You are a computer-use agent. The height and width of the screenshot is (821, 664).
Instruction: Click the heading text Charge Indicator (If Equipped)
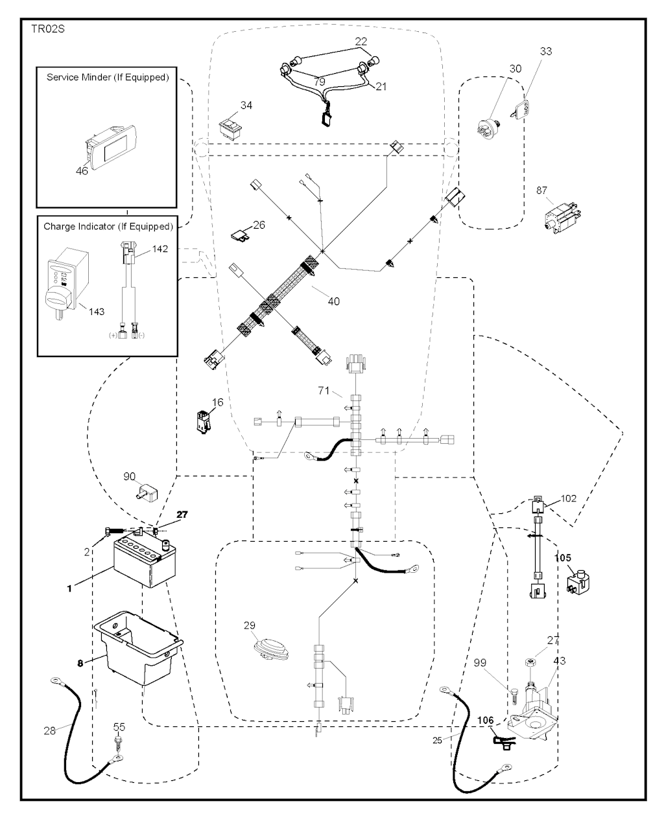tap(108, 227)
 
